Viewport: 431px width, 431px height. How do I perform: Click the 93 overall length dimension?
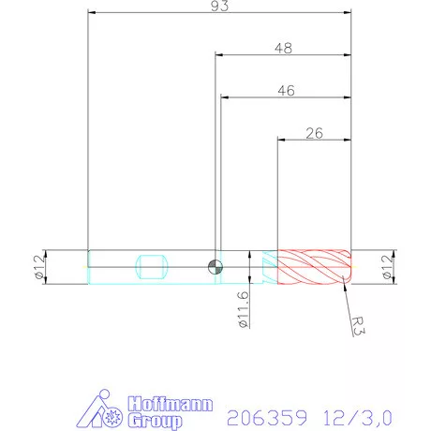click(x=219, y=6)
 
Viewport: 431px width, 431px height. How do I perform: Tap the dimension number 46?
click(x=286, y=90)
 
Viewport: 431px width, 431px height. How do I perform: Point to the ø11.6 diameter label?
click(x=244, y=309)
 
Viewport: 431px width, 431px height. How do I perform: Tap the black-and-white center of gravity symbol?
click(x=215, y=266)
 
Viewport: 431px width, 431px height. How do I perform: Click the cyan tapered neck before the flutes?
click(x=269, y=266)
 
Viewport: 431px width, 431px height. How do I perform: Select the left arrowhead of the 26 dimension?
click(x=280, y=139)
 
